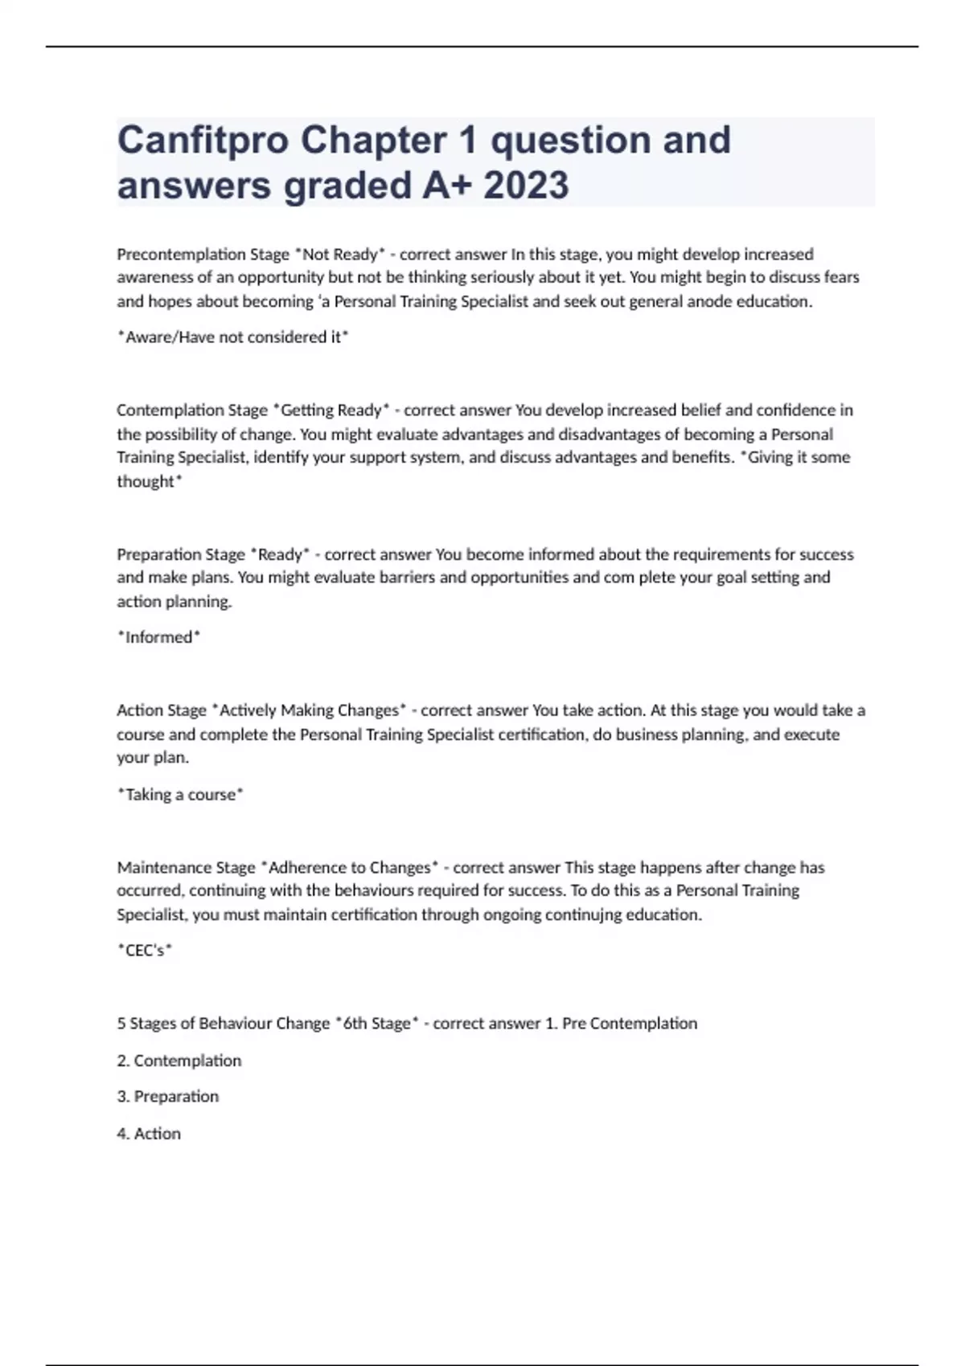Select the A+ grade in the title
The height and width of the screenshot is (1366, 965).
447,186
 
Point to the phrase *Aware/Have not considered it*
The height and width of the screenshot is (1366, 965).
232,337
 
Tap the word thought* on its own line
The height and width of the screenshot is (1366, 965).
150,481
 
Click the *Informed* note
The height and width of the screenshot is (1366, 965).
158,637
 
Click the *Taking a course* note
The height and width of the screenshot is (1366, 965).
180,795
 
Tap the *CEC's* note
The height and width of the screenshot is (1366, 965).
145,951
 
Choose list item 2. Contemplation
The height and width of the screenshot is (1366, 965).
179,1061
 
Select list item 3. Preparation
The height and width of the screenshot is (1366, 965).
167,1097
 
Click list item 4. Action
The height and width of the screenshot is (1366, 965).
149,1134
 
